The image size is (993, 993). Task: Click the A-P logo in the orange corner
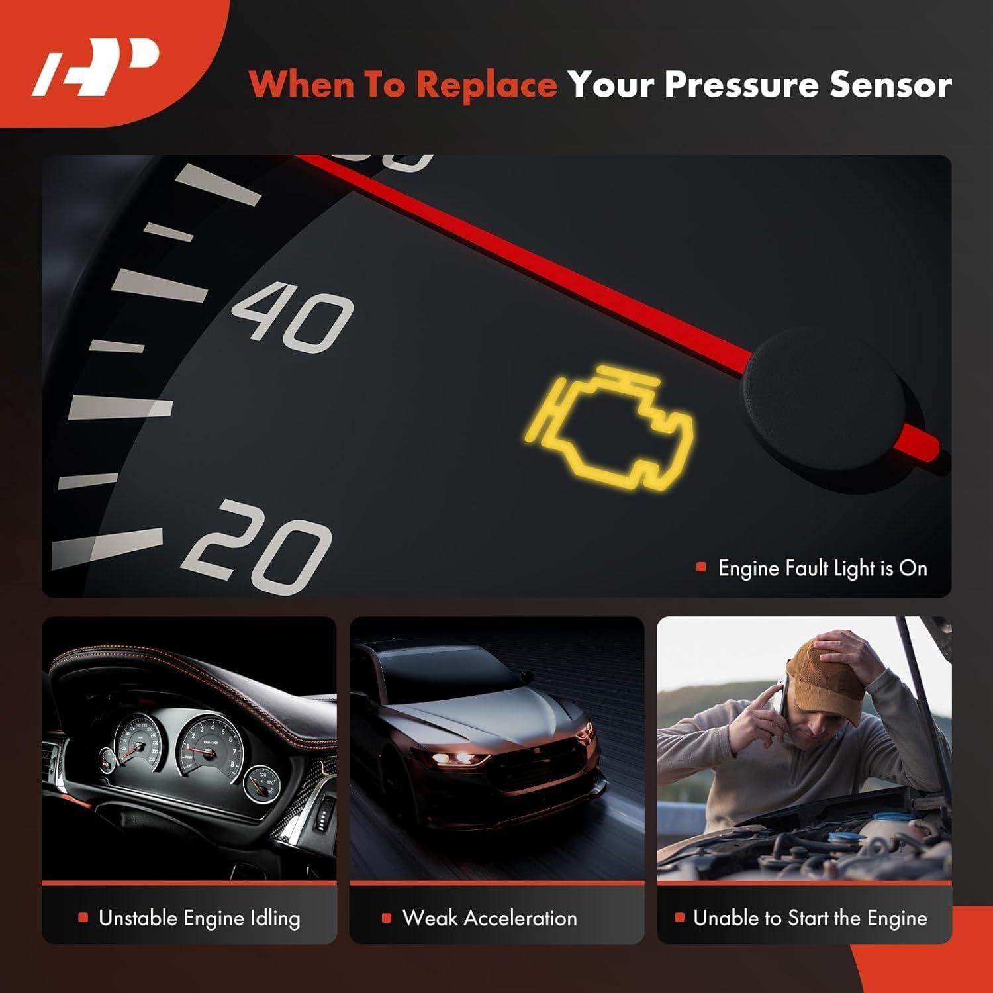click(96, 67)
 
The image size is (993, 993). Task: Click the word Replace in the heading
click(486, 85)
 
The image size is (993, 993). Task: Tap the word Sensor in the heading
click(890, 85)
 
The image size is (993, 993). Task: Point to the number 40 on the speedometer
click(292, 316)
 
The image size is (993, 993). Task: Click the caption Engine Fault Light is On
click(822, 568)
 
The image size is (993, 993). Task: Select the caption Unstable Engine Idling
click(199, 918)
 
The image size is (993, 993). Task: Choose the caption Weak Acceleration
click(489, 918)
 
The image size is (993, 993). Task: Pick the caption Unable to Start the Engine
click(810, 918)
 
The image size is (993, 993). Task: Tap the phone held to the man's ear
click(783, 702)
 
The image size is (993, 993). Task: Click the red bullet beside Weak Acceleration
click(387, 918)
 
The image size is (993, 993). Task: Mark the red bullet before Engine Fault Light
click(701, 567)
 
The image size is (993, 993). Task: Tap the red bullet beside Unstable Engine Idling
click(83, 918)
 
